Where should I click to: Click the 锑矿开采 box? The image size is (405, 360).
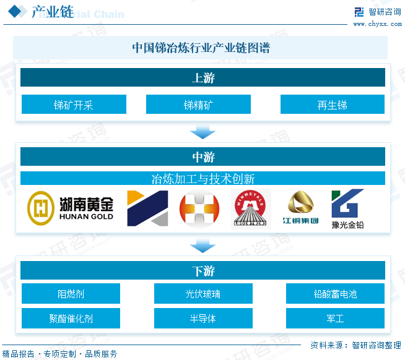(x=74, y=105)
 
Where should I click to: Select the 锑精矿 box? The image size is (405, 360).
(x=198, y=105)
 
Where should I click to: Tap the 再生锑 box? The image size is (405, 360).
(x=332, y=105)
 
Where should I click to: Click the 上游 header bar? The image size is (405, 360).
(x=202, y=78)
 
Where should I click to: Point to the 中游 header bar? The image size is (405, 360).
(x=202, y=156)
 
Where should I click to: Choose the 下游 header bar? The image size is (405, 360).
(x=202, y=271)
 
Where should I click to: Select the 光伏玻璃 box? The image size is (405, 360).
(x=203, y=294)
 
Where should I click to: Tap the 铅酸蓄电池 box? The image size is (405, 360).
(x=335, y=294)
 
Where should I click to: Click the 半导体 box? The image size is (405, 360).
(x=203, y=319)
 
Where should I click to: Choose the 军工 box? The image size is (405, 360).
(x=335, y=319)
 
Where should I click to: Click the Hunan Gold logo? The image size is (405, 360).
(x=71, y=208)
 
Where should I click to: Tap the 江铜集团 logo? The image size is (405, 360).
(x=300, y=209)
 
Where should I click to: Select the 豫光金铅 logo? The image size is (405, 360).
(x=347, y=209)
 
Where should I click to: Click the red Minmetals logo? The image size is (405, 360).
(x=251, y=209)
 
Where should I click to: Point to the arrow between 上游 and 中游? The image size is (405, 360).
(x=202, y=131)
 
